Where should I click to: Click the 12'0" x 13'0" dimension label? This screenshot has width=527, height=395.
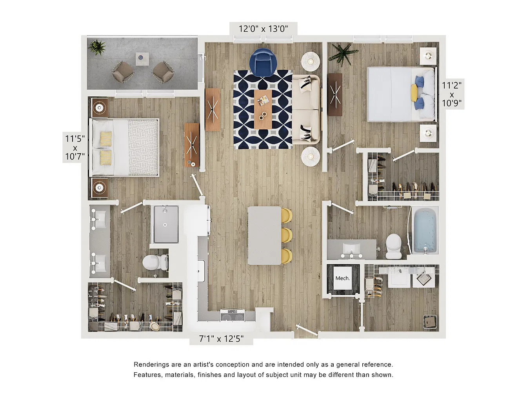[263, 29]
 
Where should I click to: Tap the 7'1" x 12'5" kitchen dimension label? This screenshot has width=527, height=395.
[221, 339]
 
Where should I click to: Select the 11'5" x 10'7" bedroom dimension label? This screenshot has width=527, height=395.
[75, 147]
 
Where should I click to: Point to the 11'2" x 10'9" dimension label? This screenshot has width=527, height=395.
[452, 94]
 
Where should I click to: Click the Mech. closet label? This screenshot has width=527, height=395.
[342, 278]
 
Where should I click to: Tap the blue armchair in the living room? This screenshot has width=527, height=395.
[263, 62]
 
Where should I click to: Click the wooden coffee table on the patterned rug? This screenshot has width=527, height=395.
[263, 109]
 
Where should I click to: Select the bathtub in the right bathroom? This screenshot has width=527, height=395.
[425, 230]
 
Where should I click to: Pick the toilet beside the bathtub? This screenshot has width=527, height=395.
[394, 246]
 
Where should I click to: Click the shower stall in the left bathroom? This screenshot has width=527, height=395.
[165, 224]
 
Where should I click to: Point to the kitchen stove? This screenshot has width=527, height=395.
[233, 315]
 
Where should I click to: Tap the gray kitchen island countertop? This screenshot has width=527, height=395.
[264, 236]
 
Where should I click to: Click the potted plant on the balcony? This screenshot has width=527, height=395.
[96, 47]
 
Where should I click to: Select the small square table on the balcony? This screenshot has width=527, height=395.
[142, 59]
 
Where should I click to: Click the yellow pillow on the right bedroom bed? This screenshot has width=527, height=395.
[414, 93]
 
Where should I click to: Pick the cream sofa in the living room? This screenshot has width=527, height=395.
[306, 109]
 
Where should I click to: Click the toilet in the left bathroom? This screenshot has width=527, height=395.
[155, 262]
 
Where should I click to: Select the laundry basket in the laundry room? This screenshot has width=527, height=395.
[430, 322]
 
